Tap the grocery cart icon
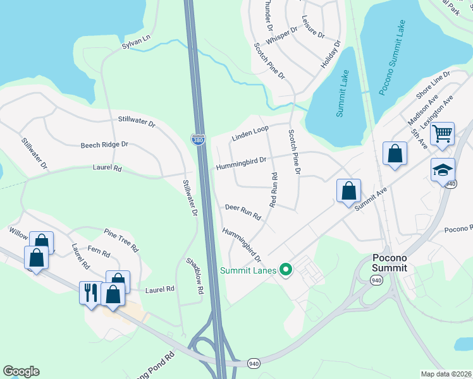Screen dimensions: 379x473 [x=444, y=134]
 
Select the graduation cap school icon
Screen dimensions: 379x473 [x=443, y=169]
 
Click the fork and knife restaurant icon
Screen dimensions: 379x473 [x=89, y=292]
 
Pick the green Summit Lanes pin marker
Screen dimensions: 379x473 [x=286, y=270]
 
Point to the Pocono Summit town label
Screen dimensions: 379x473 [x=388, y=263]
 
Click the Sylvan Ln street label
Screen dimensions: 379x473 [x=136, y=43]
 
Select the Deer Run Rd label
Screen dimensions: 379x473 [x=243, y=212]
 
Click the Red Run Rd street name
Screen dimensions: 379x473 [x=274, y=189]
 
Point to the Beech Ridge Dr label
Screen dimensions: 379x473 [x=104, y=145]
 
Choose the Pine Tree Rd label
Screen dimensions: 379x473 [x=121, y=241]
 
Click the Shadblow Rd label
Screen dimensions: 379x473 [x=195, y=275]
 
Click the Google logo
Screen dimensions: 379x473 [x=21, y=371]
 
